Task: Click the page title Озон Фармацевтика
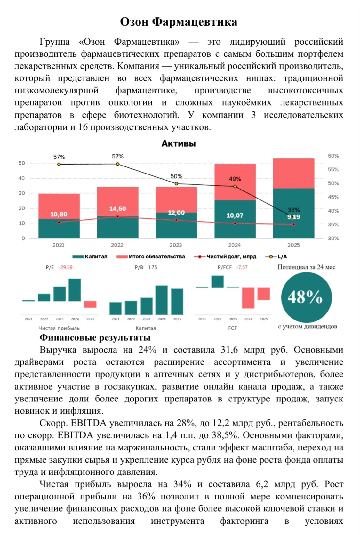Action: (x=179, y=22)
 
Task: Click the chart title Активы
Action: (x=179, y=143)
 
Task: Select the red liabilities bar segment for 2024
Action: (x=235, y=182)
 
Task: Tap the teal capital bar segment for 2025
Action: (x=294, y=213)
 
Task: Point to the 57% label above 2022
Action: (x=118, y=157)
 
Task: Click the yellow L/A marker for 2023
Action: (x=176, y=184)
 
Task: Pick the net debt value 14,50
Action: (x=117, y=209)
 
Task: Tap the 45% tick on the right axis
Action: (x=333, y=197)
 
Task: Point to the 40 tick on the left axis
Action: (x=21, y=178)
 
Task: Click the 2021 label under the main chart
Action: (x=59, y=245)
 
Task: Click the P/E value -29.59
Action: (x=65, y=267)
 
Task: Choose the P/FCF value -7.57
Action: (x=242, y=267)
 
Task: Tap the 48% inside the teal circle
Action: (x=305, y=297)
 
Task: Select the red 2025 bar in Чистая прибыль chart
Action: (x=90, y=304)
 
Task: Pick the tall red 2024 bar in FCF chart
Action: (x=248, y=298)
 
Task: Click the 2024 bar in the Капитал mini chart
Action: (x=162, y=300)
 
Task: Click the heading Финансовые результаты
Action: (x=95, y=337)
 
